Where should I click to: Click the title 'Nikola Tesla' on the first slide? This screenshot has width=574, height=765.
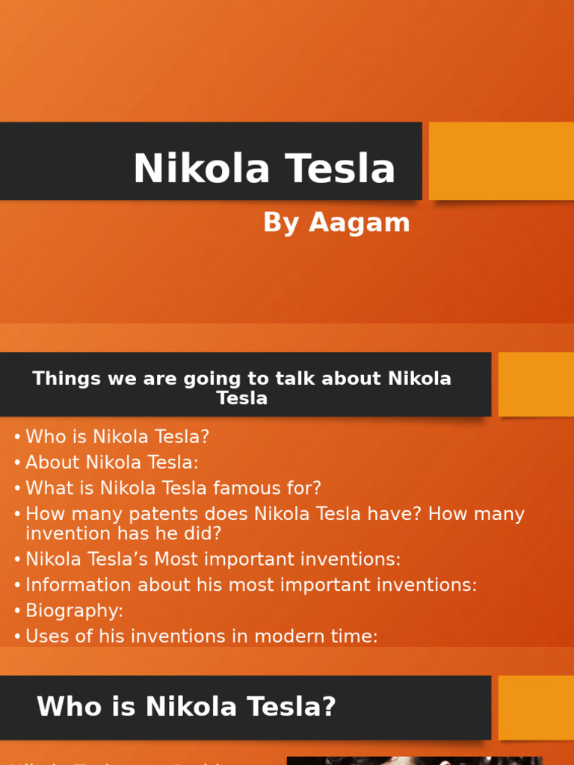(264, 169)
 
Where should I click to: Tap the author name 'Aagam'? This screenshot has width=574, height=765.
(359, 223)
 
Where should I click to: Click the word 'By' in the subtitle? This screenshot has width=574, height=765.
(281, 223)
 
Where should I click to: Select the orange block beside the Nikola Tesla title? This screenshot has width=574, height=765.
(501, 161)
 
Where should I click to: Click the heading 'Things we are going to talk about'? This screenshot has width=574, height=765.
(241, 379)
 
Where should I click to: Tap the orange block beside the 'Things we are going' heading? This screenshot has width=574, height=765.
(535, 384)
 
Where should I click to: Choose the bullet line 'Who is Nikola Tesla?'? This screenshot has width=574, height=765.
(117, 437)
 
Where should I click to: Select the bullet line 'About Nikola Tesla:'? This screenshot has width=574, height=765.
(112, 462)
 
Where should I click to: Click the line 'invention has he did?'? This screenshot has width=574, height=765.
(123, 533)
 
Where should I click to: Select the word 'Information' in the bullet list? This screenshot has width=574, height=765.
(76, 585)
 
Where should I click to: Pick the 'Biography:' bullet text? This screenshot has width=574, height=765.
(74, 610)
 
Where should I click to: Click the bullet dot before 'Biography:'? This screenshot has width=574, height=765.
(17, 611)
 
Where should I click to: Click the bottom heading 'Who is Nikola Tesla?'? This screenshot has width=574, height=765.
(186, 707)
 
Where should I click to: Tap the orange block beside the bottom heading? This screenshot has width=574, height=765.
(535, 707)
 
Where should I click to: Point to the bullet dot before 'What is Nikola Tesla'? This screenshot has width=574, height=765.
(17, 489)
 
